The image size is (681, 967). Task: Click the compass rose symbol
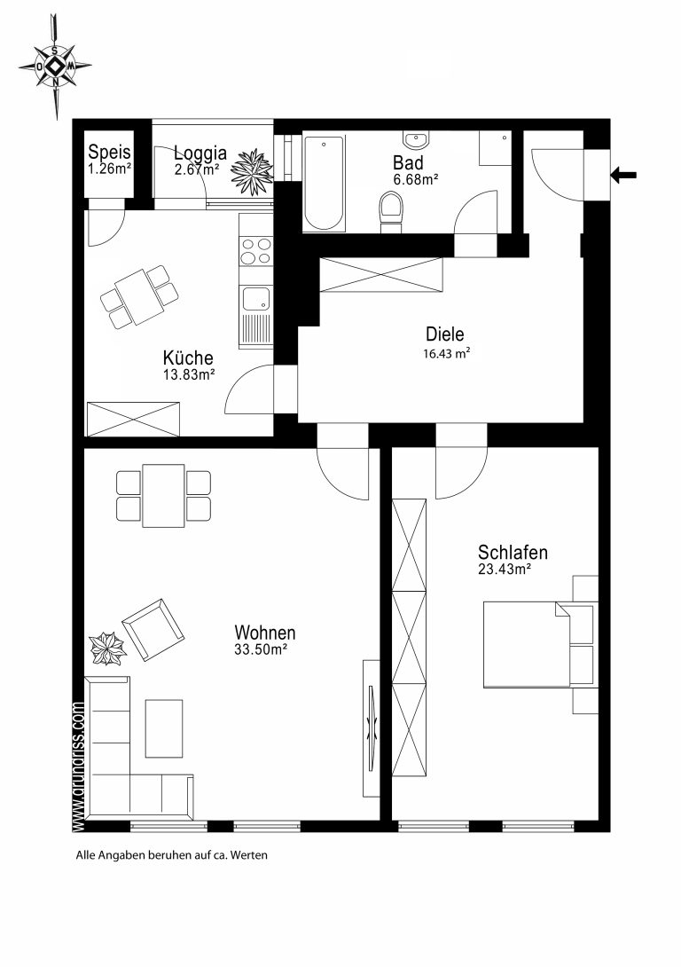pos(56,66)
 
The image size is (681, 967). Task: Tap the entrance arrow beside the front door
pos(623,176)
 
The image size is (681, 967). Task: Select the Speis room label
pos(110,152)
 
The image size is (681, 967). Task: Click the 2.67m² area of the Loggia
pos(197,169)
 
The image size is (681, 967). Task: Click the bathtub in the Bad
pos(324,182)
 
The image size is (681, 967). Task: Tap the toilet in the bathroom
pos(391,211)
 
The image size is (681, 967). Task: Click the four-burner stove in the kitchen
pos(255,250)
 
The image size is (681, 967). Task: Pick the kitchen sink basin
pos(255,300)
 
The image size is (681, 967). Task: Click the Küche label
pos(188,358)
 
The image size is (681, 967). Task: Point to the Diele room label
pos(445,334)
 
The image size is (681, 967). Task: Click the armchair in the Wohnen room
pos(153,629)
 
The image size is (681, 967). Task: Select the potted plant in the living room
pos(108,649)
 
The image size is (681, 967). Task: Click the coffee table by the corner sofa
pos(164,728)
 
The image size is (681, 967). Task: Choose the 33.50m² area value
pos(262,649)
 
